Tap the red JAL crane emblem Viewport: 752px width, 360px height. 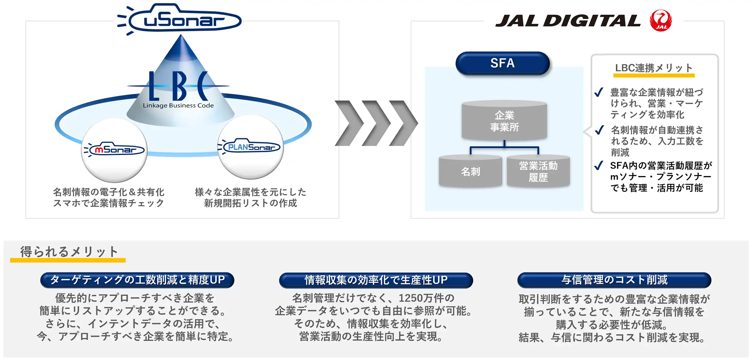tap(661, 20)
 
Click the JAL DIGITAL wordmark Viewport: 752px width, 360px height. tap(568, 21)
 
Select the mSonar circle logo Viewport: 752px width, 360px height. tap(114, 150)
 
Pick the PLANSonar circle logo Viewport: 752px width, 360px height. tap(251, 147)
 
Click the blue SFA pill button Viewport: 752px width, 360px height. tap(502, 63)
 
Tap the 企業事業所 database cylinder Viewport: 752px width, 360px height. tap(504, 121)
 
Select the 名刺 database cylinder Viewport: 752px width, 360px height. tap(470, 171)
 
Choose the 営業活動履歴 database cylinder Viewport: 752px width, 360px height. tap(538, 171)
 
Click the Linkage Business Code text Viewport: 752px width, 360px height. tap(178, 106)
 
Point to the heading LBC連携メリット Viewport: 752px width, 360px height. tap(654, 68)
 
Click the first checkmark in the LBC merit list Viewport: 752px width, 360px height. tap(599, 92)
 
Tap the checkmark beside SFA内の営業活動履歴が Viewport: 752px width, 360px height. tap(599, 165)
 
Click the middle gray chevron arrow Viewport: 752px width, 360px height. tap(376, 123)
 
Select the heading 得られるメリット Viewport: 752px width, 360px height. tap(69, 252)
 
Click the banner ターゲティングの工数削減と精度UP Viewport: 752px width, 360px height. tap(137, 280)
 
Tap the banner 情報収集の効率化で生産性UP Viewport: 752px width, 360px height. tap(376, 280)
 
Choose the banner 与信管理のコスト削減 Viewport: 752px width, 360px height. tap(614, 280)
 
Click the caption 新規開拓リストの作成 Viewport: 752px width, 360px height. tap(251, 203)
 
